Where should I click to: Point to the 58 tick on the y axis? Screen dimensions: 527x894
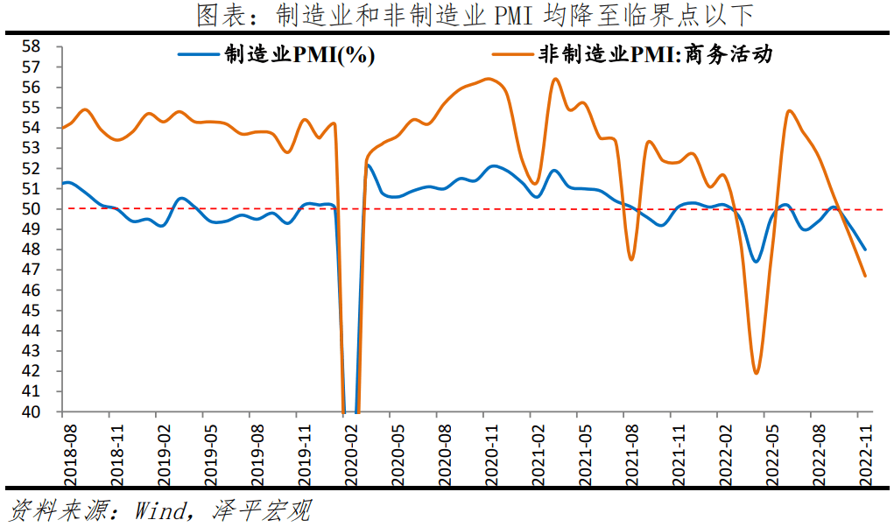[x=32, y=46]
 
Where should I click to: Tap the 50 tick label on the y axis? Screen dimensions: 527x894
[x=32, y=209]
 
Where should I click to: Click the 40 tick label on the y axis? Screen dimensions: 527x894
[x=32, y=411]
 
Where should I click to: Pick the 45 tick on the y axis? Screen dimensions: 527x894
[x=32, y=311]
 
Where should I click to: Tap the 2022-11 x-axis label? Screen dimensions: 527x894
[x=864, y=452]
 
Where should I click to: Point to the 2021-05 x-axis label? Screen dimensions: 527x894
[x=583, y=452]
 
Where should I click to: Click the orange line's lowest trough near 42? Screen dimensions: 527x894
[x=756, y=373]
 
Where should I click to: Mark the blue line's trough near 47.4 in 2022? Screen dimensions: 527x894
[x=756, y=261]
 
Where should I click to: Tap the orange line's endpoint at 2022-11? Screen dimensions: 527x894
[x=865, y=276]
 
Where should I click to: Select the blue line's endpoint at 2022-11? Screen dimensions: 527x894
[x=865, y=249]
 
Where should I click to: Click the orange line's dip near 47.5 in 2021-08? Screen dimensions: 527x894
[x=630, y=259]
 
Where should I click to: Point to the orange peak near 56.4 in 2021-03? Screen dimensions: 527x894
[x=555, y=79]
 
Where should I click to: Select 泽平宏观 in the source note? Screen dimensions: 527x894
[x=262, y=510]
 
